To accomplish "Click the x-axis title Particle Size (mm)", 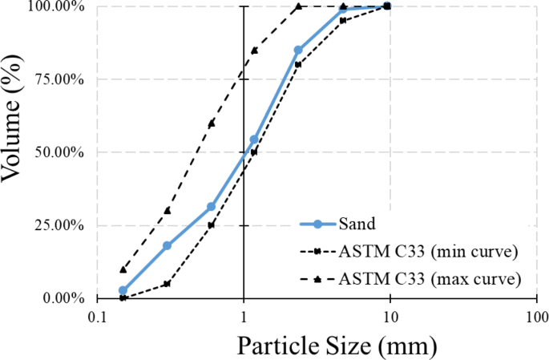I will pyautogui.click(x=337, y=346).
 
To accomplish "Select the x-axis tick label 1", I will pyautogui.click(x=244, y=317).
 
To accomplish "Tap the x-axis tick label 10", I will pyautogui.click(x=390, y=317).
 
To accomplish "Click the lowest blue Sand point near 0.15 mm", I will pyautogui.click(x=123, y=290).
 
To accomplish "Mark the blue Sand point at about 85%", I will pyautogui.click(x=298, y=50).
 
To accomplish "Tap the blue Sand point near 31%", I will pyautogui.click(x=211, y=206).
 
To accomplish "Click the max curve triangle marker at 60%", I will pyautogui.click(x=211, y=123).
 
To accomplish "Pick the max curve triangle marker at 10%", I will pyautogui.click(x=123, y=269).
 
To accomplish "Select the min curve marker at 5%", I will pyautogui.click(x=167, y=283).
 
